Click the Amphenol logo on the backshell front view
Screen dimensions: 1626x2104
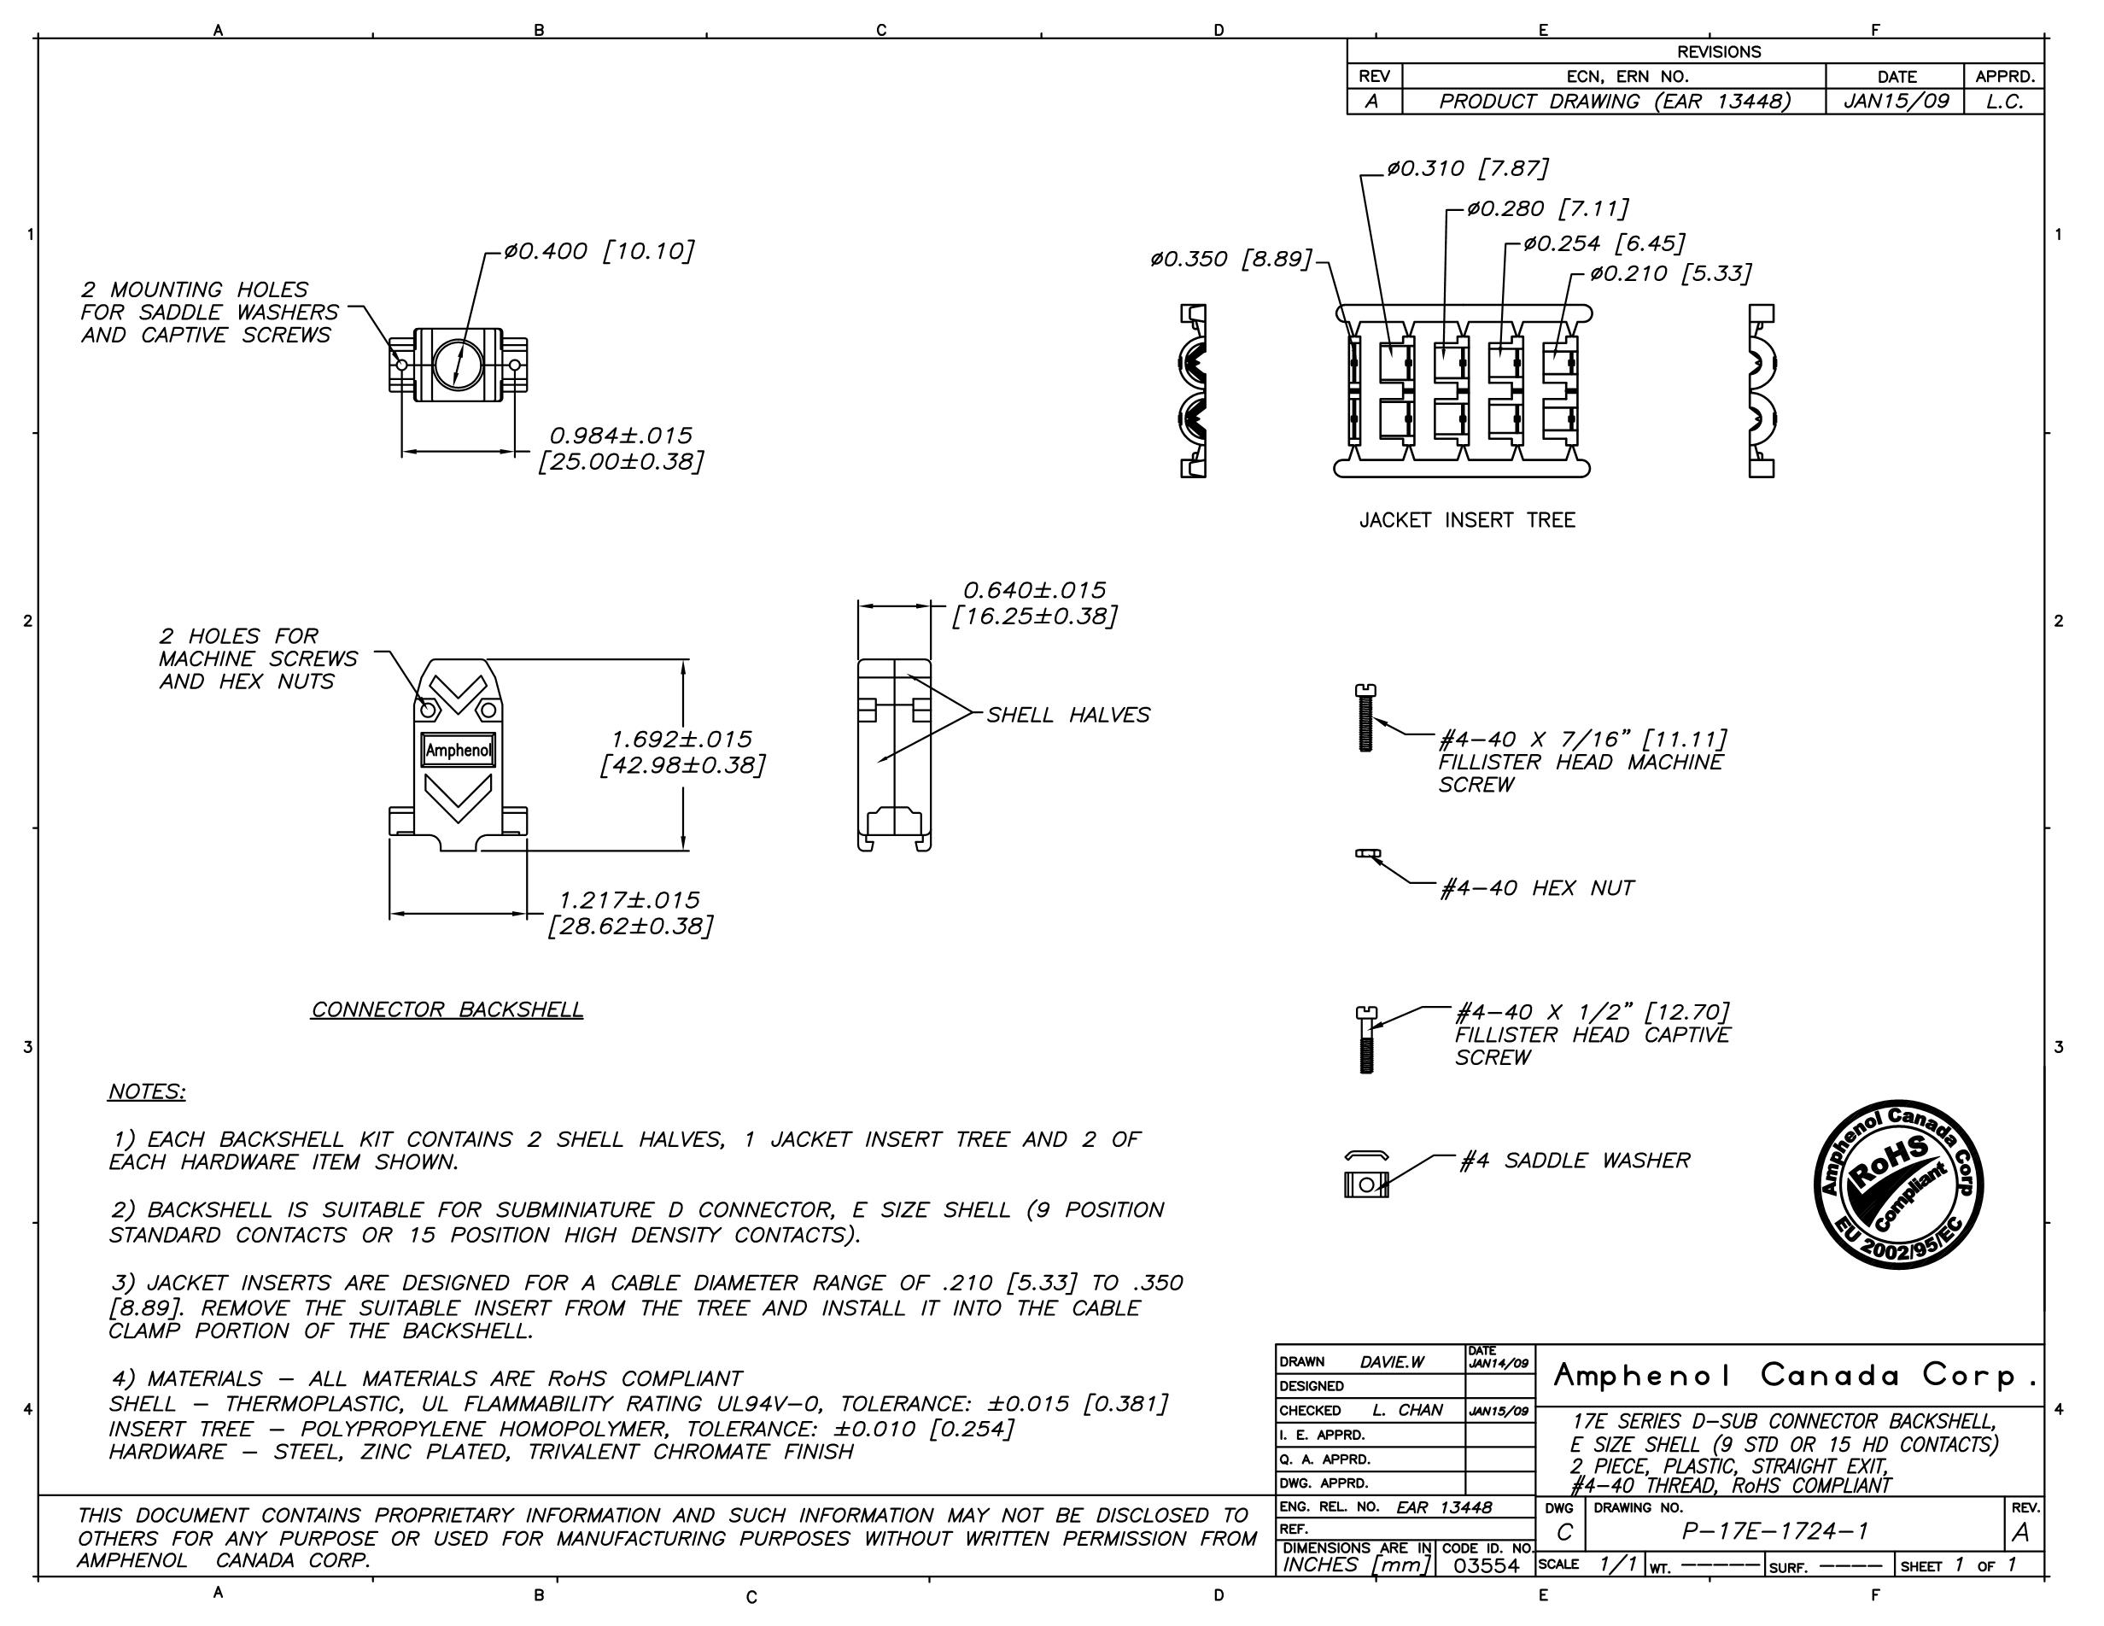459,752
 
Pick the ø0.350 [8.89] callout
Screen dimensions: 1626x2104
1230,259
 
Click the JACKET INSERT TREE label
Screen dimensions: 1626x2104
1466,521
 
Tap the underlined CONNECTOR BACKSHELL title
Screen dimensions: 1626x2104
447,1009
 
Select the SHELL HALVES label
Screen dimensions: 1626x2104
1067,715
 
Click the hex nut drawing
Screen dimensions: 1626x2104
1368,853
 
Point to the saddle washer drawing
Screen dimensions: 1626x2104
1366,1176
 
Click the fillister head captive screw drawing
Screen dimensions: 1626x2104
1366,1039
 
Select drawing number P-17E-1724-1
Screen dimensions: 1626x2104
1774,1531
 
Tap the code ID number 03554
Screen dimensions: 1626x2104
1486,1565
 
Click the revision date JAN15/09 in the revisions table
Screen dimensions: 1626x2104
1895,101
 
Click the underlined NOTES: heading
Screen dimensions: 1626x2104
146,1091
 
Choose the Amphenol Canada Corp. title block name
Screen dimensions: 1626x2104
1796,1376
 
